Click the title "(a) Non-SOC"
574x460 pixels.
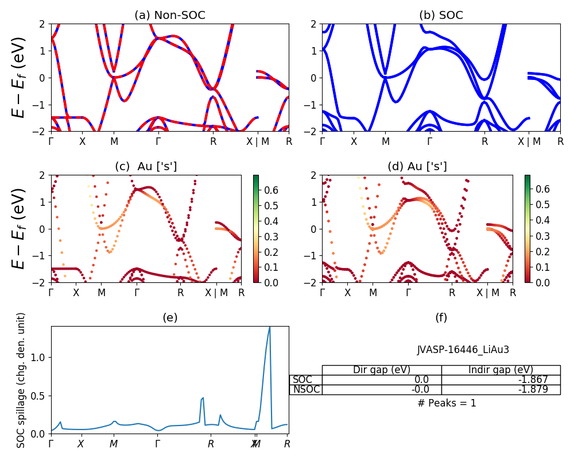[x=170, y=16]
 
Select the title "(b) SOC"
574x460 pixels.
[x=441, y=16]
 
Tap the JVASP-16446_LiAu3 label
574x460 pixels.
[x=463, y=350]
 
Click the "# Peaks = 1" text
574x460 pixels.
[x=447, y=403]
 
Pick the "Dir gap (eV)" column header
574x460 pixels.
[x=382, y=370]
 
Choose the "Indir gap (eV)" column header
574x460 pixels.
[x=501, y=370]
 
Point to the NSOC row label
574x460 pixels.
[x=306, y=389]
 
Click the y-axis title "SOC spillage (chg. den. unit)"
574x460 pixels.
[x=21, y=380]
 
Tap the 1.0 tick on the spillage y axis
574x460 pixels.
[x=40, y=357]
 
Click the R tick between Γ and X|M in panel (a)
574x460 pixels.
[x=213, y=141]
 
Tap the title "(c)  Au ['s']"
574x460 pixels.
[x=146, y=167]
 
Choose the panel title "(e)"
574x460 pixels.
[x=170, y=318]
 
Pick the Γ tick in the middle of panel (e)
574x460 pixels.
[x=158, y=444]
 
